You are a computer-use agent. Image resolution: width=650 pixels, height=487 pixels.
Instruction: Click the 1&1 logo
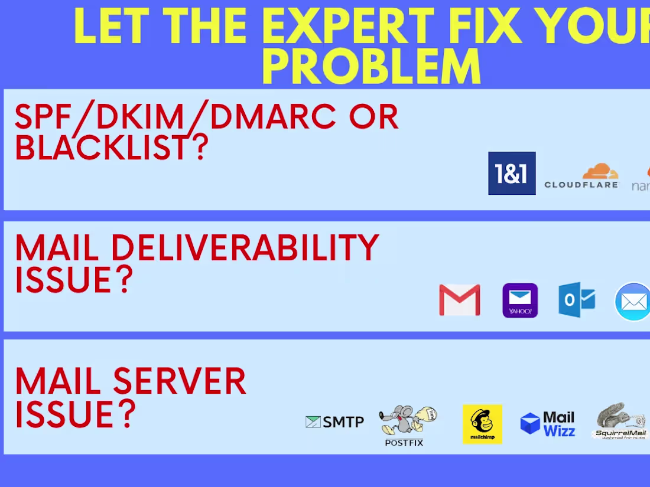tap(512, 173)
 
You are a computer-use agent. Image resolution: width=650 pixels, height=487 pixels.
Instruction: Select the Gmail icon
tap(460, 300)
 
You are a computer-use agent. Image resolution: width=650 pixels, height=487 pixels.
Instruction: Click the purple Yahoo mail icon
tap(520, 300)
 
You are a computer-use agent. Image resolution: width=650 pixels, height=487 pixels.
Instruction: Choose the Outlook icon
tap(577, 300)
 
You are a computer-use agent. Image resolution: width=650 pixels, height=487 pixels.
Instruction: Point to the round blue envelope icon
tap(633, 302)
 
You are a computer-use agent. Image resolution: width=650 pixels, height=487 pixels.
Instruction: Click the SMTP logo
tap(334, 421)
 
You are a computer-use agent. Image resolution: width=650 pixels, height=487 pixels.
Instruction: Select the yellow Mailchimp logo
tap(482, 424)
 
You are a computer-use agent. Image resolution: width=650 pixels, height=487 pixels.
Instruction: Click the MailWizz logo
tap(548, 424)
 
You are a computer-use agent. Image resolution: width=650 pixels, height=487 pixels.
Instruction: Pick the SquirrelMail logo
tap(620, 421)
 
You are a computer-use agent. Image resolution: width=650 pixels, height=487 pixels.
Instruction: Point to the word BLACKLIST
tap(101, 147)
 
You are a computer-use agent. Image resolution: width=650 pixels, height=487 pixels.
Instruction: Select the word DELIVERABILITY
tap(245, 248)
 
